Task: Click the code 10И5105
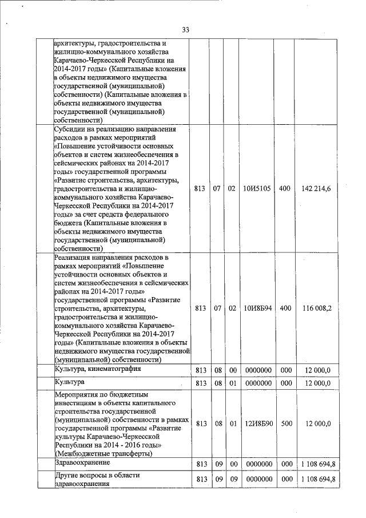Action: (256, 188)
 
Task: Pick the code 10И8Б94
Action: (256, 308)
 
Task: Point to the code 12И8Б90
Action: (256, 424)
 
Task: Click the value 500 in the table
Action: (284, 424)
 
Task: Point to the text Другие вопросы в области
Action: (97, 475)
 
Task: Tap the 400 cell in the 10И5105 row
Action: (284, 188)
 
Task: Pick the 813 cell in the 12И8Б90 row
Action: (200, 424)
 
